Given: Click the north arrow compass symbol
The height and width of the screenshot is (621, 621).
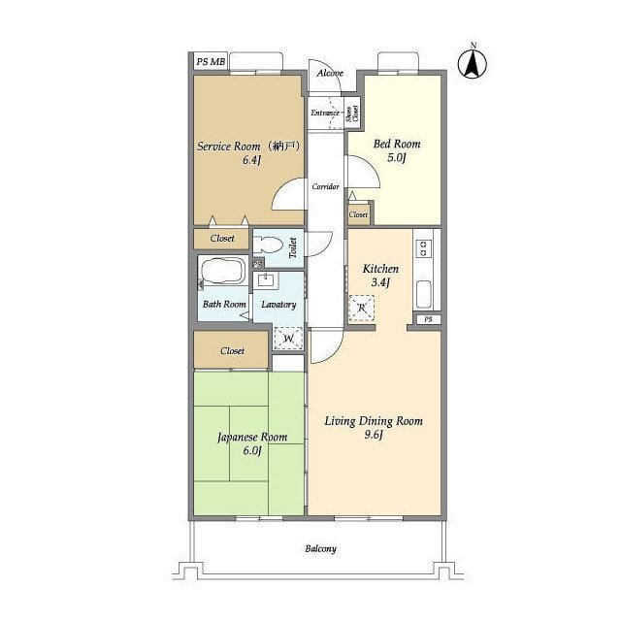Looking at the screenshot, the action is click(473, 62).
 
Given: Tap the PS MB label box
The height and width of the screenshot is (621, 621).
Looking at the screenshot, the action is click(211, 62).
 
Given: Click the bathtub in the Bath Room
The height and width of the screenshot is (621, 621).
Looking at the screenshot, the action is click(222, 270).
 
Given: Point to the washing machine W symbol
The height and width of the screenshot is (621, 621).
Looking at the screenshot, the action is click(288, 338).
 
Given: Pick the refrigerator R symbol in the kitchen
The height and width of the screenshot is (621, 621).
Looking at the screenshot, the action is click(361, 308).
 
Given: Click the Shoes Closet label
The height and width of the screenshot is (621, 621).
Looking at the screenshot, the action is click(352, 113).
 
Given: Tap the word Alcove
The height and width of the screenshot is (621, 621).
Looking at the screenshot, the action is click(330, 74).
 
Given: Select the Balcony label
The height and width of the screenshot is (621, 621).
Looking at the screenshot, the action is click(320, 548).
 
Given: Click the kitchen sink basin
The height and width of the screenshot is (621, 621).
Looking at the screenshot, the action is click(423, 293).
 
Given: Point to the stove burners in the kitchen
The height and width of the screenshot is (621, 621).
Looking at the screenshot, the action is click(423, 248).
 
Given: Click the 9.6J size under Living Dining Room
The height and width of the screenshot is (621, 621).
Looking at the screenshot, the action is click(374, 435).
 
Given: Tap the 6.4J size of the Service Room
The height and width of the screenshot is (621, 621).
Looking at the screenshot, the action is click(252, 160).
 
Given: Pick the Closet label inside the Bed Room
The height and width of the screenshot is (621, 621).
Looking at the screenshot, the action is click(358, 214).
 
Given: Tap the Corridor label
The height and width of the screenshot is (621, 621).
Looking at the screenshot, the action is click(325, 186).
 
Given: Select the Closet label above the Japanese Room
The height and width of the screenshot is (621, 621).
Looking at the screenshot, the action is click(233, 351).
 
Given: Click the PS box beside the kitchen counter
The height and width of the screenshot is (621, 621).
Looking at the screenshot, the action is click(428, 319).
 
